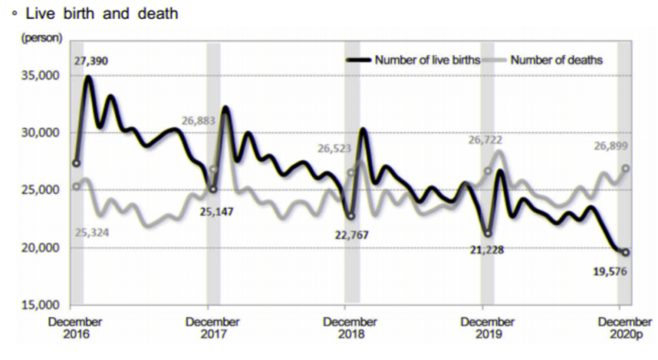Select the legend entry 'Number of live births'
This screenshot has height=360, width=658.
coord(427,60)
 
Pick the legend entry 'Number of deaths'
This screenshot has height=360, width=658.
coord(556,60)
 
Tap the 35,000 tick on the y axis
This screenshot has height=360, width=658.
coord(41,76)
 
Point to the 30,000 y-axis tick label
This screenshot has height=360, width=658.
coord(41,133)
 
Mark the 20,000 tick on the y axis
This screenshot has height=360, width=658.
coord(41,248)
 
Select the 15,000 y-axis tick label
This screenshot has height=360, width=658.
coord(41,305)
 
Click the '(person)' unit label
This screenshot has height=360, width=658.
coord(41,38)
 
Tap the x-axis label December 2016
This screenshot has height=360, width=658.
coord(76,328)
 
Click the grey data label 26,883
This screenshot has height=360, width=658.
coord(199,121)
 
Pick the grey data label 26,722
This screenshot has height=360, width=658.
coord(486,139)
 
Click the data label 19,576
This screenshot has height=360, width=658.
coord(610,271)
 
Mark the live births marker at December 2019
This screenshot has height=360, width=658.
coord(487,233)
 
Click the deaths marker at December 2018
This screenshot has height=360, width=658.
coord(351,172)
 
